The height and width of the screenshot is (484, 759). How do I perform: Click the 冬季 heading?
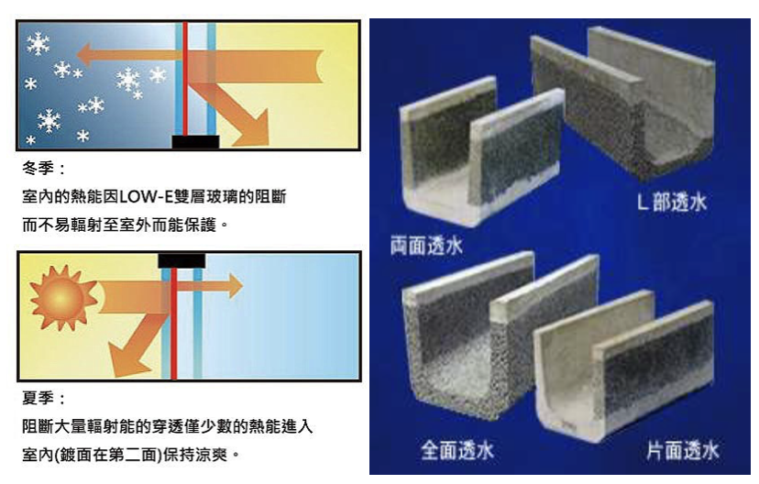42,170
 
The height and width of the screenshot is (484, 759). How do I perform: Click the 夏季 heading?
42,400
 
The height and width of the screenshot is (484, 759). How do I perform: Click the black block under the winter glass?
195,141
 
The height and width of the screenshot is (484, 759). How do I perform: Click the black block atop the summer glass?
181,260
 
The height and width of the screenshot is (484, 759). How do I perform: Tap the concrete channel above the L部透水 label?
623,101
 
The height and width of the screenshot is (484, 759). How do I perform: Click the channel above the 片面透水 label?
623,367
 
